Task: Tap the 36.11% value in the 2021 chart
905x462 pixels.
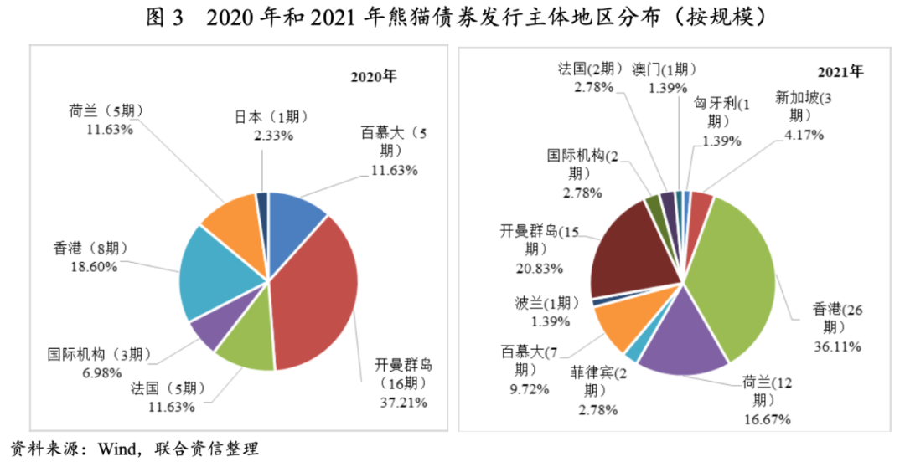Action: point(835,346)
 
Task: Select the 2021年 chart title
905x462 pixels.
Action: point(840,71)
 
